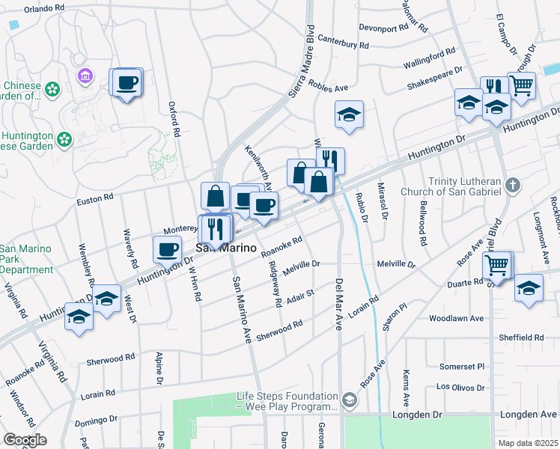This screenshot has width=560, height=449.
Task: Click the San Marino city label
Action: tap(228, 248)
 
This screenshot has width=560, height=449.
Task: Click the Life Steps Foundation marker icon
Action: tap(350, 400)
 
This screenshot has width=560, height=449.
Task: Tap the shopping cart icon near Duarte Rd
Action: tap(497, 264)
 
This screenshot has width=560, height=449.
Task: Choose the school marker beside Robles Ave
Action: tap(348, 114)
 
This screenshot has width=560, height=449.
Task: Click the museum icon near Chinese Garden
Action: tap(85, 76)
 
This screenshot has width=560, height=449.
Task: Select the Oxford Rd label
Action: tap(174, 120)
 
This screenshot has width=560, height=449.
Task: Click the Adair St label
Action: tap(299, 299)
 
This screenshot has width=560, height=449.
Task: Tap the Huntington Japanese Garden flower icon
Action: tap(64, 138)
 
